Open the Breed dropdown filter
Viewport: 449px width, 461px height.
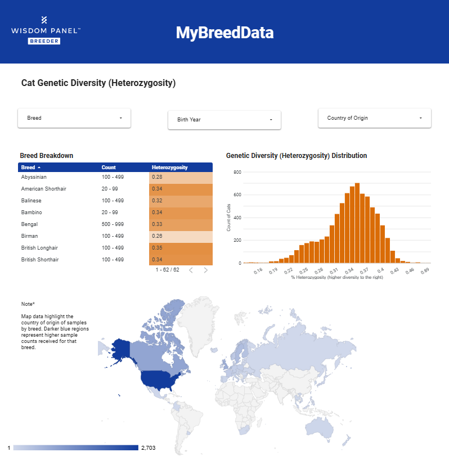(74, 118)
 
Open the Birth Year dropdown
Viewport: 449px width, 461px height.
(224, 120)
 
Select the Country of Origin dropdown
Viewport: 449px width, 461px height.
(374, 118)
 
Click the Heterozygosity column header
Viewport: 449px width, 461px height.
(170, 168)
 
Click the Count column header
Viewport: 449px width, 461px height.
(109, 168)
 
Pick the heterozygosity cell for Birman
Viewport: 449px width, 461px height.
(181, 236)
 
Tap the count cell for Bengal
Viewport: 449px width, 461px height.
(109, 224)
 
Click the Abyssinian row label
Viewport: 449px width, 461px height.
(34, 177)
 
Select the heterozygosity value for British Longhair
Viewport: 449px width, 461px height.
(181, 248)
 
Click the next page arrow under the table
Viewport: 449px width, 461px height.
(206, 270)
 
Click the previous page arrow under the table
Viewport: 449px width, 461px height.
(191, 270)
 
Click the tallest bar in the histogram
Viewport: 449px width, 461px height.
(357, 223)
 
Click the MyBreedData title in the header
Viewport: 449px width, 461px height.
(225, 33)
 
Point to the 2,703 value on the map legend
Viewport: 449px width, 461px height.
(148, 448)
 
